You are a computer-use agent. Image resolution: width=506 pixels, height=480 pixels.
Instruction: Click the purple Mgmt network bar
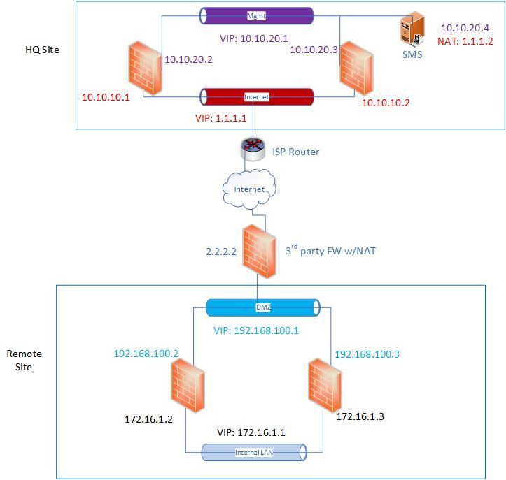[x=256, y=15]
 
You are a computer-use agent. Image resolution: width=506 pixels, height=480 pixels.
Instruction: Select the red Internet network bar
[x=256, y=96]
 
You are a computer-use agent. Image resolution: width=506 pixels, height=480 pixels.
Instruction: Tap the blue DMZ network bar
[x=262, y=307]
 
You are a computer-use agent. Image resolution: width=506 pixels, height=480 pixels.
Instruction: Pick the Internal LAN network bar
[x=255, y=452]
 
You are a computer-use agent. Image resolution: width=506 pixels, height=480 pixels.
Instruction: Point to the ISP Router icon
[x=252, y=148]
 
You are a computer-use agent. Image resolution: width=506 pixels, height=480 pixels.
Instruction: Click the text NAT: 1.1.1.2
[x=465, y=41]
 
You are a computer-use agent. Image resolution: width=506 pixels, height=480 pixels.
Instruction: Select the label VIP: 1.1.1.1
[x=220, y=118]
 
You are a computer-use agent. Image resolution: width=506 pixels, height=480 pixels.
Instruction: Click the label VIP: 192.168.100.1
[x=255, y=330]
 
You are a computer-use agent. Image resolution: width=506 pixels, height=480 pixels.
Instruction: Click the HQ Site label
[x=42, y=50]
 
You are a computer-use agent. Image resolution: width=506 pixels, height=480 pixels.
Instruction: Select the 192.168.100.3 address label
[x=367, y=354]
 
